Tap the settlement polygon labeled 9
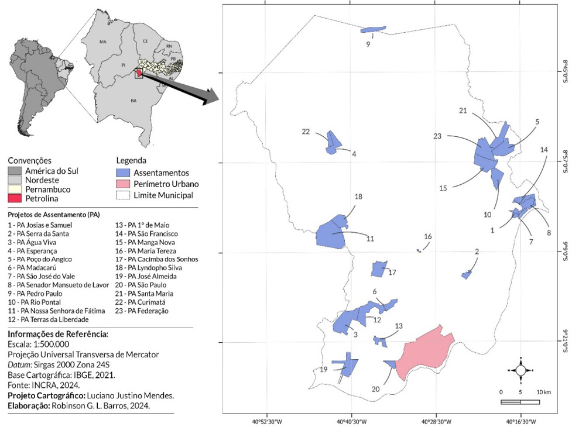[373, 29]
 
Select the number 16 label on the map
[428, 236]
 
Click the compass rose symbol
[520, 370]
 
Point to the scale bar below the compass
[520, 401]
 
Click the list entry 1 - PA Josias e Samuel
[40, 225]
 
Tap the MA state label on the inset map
[103, 42]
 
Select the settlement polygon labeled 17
[379, 269]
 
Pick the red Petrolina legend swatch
[14, 199]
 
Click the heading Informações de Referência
[50, 334]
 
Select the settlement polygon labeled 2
[467, 274]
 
